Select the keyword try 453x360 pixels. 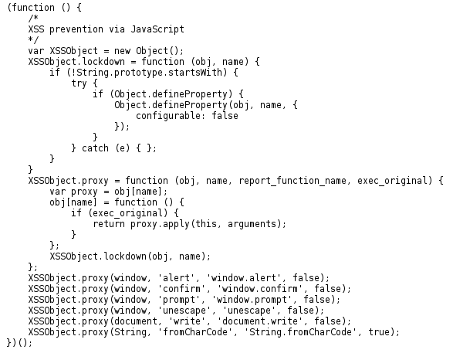coord(79,83)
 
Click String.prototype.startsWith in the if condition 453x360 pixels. coord(149,73)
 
